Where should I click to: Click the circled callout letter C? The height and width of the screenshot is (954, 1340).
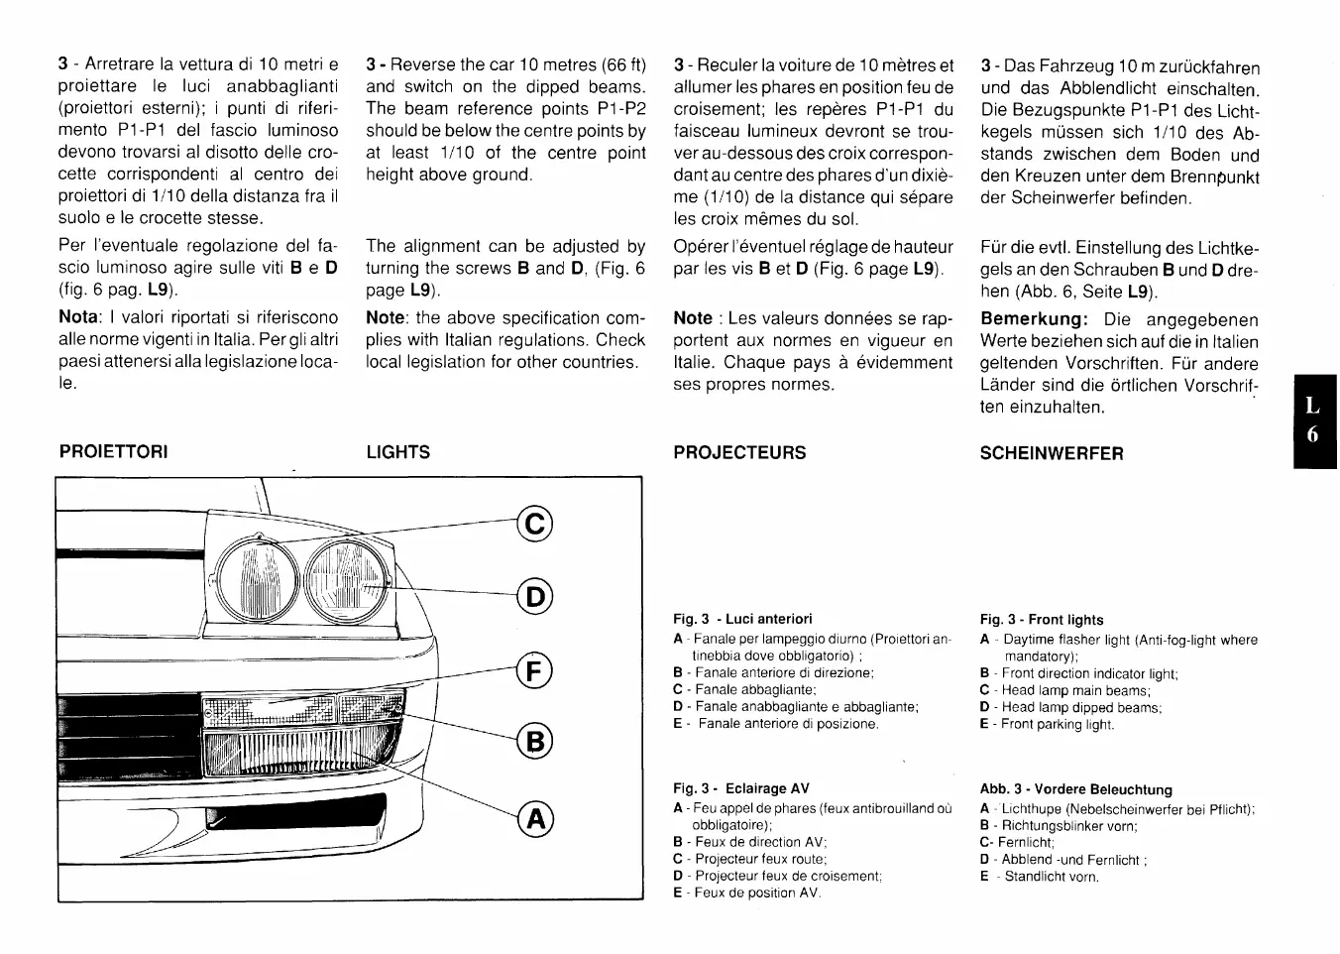point(534,523)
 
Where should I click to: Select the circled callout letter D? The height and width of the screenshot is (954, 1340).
point(534,597)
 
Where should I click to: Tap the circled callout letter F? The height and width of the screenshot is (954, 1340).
point(534,670)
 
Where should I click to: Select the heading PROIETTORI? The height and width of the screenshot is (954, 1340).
point(113,452)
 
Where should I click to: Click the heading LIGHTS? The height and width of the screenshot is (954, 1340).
point(397,452)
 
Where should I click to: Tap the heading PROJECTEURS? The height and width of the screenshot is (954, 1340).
point(739,453)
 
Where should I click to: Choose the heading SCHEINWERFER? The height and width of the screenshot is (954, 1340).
point(1051,454)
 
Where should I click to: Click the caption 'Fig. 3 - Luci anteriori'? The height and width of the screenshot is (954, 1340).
point(742,619)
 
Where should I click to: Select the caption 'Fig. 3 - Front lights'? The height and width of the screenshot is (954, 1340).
point(1042,620)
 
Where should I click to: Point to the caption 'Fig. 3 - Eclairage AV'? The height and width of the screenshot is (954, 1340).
point(741,789)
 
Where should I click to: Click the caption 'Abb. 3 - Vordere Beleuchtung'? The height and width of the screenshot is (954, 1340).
point(1076,790)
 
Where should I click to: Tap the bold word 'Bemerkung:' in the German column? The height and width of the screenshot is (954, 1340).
point(1034,319)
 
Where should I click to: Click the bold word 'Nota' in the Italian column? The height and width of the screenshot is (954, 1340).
point(78,317)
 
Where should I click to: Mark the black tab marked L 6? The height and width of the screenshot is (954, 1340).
point(1314,420)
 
